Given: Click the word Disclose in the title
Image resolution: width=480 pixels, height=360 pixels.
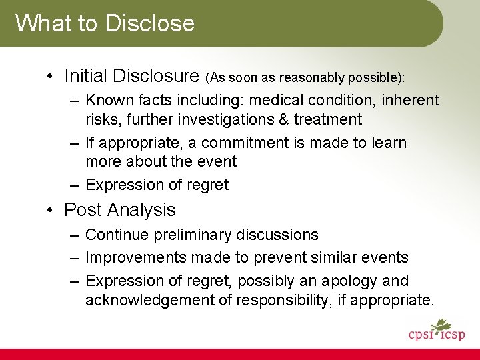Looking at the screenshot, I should (149, 23).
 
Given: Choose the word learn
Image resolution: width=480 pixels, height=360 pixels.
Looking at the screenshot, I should (387, 143).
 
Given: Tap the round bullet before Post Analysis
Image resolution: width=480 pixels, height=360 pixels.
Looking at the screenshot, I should (51, 210).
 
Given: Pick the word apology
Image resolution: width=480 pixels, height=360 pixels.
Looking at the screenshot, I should (349, 281).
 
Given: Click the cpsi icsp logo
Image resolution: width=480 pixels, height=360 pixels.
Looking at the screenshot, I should (437, 330).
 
